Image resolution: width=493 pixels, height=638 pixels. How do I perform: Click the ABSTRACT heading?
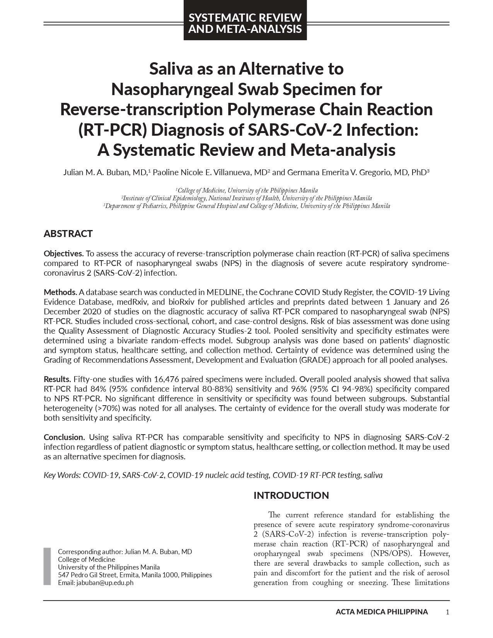pos(68,234)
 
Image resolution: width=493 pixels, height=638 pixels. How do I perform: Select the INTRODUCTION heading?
pos(291,495)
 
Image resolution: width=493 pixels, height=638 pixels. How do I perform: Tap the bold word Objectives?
pos(63,254)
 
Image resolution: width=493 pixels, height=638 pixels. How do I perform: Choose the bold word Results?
pos(57,379)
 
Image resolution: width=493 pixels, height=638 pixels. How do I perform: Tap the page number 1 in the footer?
pos(447,612)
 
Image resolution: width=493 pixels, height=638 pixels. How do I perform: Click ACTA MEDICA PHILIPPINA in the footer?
pos(382,612)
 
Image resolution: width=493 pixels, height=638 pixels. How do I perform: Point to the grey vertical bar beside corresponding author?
pos(47,566)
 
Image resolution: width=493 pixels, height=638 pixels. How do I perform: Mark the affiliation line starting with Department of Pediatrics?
pos(247,206)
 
